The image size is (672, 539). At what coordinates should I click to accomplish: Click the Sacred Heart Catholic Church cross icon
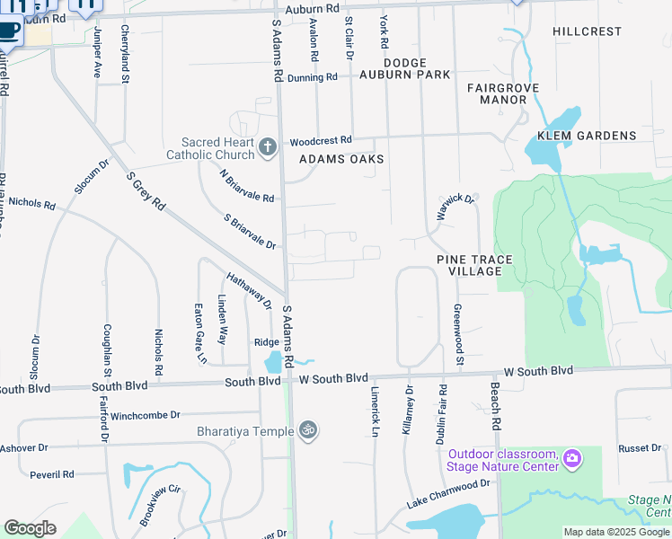click(267, 147)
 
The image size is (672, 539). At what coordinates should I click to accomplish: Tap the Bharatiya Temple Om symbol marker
click(308, 430)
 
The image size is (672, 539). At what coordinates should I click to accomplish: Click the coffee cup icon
click(8, 30)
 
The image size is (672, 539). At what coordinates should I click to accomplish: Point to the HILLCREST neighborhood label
click(587, 31)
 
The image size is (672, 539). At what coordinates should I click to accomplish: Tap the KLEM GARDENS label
click(587, 137)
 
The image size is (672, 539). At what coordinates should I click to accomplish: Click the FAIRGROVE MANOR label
click(496, 93)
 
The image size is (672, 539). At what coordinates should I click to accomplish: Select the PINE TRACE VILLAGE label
click(474, 265)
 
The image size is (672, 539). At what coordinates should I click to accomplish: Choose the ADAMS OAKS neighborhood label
click(341, 159)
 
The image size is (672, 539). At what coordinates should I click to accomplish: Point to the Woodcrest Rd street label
click(321, 141)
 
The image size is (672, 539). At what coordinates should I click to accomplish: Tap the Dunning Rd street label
click(313, 78)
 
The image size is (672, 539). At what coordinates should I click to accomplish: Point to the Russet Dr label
click(640, 447)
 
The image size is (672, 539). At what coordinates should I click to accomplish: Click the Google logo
click(30, 528)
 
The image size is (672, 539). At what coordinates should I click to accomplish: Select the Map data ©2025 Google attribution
click(615, 532)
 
